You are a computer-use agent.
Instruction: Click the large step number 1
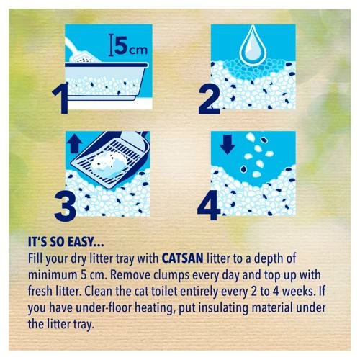coord(61,99)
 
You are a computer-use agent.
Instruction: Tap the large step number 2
coord(209,99)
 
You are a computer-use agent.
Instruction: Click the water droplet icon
coord(253,45)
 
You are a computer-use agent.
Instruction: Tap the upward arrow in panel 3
coord(75,143)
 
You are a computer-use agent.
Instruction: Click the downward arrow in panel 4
coord(228,144)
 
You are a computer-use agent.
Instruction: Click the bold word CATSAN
coord(183,258)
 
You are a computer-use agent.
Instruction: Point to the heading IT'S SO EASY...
coord(66,242)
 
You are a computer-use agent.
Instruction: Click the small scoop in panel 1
coord(81,52)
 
